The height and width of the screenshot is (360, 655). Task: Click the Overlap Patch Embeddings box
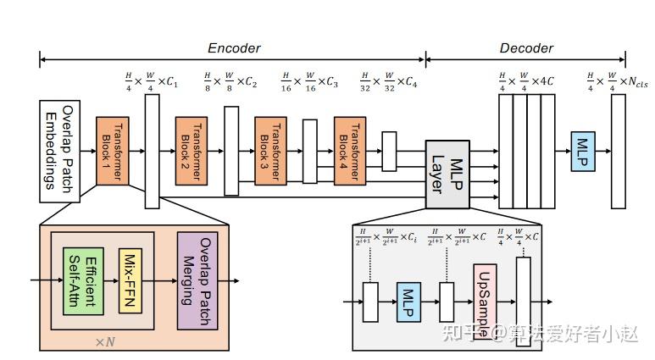point(59,151)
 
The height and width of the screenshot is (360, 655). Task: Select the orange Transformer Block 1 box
point(112,151)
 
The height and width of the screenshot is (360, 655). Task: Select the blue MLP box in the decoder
point(584,151)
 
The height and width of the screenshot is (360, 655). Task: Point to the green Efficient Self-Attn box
point(82,279)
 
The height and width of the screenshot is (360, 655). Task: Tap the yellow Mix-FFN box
point(130,279)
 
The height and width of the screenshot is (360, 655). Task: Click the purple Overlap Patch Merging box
point(197,279)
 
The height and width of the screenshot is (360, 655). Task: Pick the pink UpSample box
point(482,301)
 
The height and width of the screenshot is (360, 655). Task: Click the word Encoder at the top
point(234,48)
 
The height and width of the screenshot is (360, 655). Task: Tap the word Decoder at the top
point(525,48)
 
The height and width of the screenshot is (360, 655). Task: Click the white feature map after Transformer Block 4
point(389,151)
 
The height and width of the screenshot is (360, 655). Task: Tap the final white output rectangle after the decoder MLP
point(618,151)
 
